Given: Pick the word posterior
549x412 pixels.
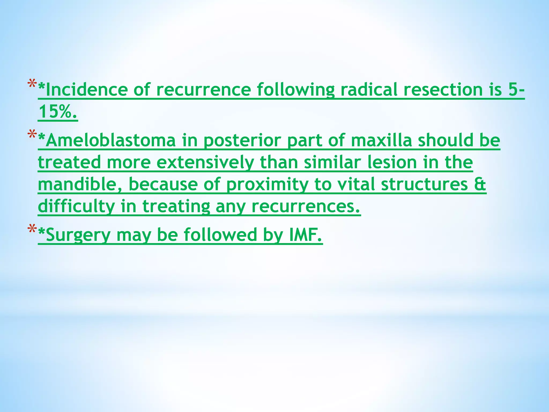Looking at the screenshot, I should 242,141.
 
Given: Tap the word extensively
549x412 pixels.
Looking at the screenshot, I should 205,163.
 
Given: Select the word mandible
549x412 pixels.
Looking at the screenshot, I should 78,185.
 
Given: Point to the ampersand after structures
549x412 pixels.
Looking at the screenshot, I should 480,185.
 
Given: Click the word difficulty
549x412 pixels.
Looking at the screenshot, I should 76,207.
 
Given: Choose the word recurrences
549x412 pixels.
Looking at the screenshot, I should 305,207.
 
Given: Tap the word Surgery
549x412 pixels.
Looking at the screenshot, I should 78,235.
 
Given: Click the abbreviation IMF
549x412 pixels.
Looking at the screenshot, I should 305,234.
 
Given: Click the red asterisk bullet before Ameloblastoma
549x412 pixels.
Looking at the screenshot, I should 32,135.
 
